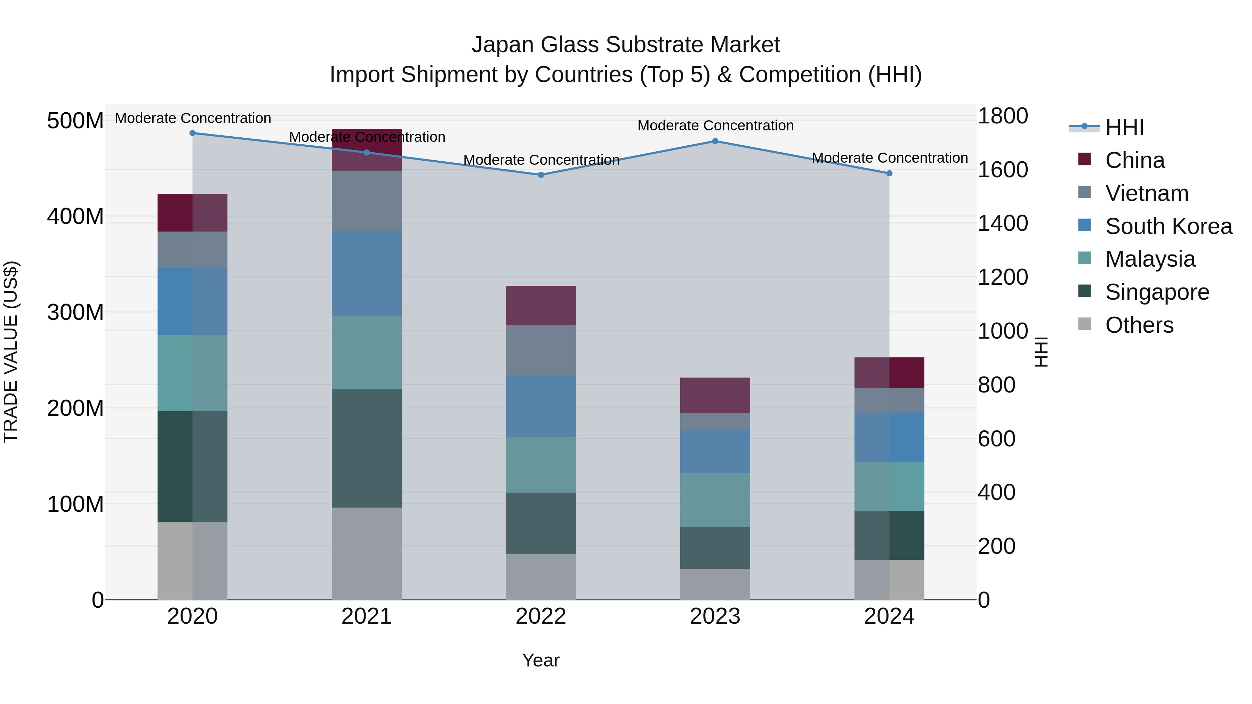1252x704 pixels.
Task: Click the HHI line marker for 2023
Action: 715,141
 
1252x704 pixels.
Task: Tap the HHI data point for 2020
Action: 192,133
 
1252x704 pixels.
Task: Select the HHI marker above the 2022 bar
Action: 541,175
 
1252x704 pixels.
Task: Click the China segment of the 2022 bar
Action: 541,306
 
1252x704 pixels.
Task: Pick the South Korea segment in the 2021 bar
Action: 367,274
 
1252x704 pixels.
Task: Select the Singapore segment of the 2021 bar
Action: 367,448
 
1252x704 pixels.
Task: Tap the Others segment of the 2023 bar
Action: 715,584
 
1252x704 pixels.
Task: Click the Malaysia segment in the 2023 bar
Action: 715,500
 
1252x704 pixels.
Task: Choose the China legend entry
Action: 1134,160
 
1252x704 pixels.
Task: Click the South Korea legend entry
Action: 1169,226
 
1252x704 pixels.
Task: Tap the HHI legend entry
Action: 1124,127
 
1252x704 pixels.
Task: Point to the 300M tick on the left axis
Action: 75,313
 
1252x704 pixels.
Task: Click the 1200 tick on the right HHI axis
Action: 1003,277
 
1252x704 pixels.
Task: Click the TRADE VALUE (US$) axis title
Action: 11,352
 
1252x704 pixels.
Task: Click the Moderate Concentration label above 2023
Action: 715,126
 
